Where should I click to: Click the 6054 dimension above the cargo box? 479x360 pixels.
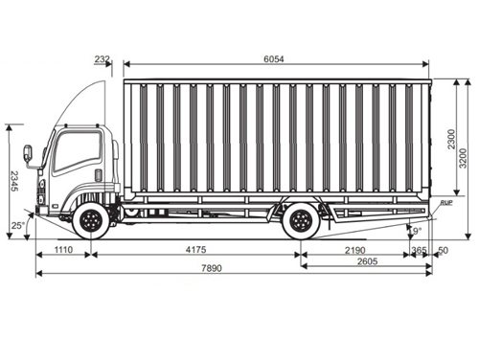pyautogui.click(x=274, y=59)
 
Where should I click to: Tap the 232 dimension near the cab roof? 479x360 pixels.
pyautogui.click(x=103, y=59)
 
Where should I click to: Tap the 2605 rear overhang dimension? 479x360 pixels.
pyautogui.click(x=366, y=261)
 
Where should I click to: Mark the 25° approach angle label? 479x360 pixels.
pyautogui.click(x=17, y=226)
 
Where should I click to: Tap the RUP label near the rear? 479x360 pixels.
pyautogui.click(x=446, y=204)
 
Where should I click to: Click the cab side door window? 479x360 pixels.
pyautogui.click(x=78, y=152)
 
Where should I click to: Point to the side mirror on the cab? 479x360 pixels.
pyautogui.click(x=28, y=153)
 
